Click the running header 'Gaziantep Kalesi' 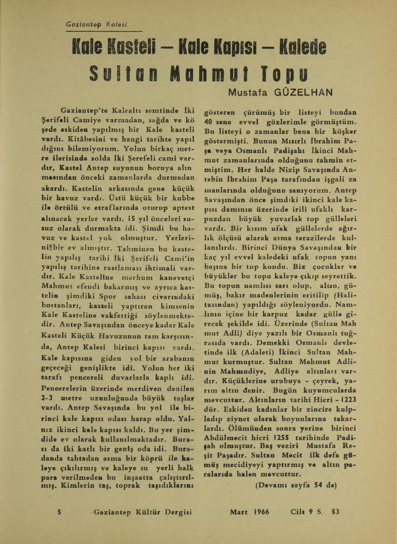96,24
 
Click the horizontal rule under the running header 103,31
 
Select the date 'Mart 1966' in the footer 250,512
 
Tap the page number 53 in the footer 336,512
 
